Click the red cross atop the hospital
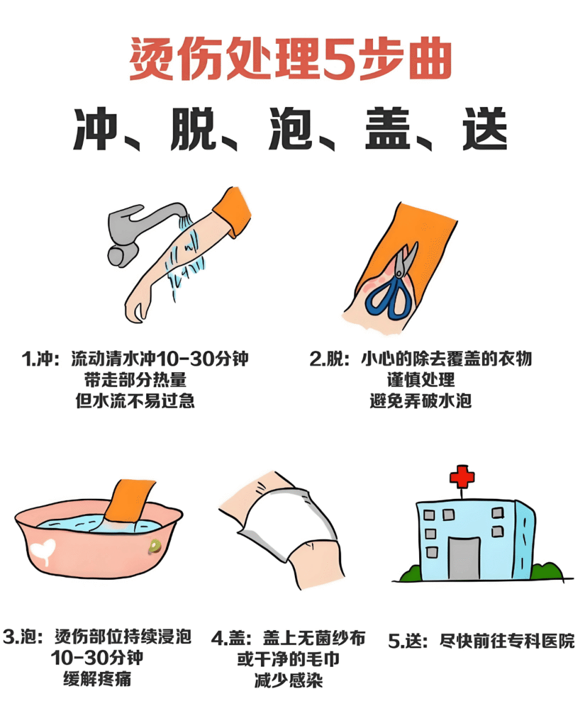[461, 476]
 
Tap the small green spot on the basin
[155, 546]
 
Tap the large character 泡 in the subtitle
[291, 130]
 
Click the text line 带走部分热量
[135, 379]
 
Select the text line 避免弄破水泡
[420, 401]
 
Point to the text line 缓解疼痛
[97, 679]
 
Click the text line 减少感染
[288, 680]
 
